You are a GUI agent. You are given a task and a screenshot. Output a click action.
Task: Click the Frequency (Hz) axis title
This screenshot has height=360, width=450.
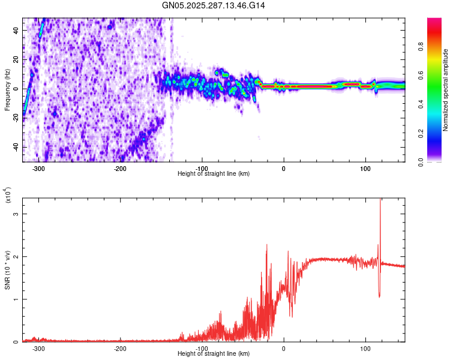point(7,90)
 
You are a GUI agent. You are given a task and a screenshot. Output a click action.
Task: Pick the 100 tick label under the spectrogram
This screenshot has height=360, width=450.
point(365,168)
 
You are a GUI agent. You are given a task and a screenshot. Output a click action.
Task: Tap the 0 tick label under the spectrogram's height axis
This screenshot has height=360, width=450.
point(283,168)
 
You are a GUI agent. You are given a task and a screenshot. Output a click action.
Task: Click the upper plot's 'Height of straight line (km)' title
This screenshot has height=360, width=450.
point(214,174)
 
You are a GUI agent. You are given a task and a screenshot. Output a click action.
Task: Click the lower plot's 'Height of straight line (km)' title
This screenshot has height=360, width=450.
point(214,354)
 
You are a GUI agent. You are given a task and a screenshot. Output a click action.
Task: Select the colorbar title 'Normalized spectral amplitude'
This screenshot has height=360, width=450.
point(446,90)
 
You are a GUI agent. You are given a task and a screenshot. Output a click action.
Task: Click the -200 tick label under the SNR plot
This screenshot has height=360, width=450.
point(120,348)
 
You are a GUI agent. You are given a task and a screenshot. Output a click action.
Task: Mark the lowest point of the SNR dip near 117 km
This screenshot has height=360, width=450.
point(379,297)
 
